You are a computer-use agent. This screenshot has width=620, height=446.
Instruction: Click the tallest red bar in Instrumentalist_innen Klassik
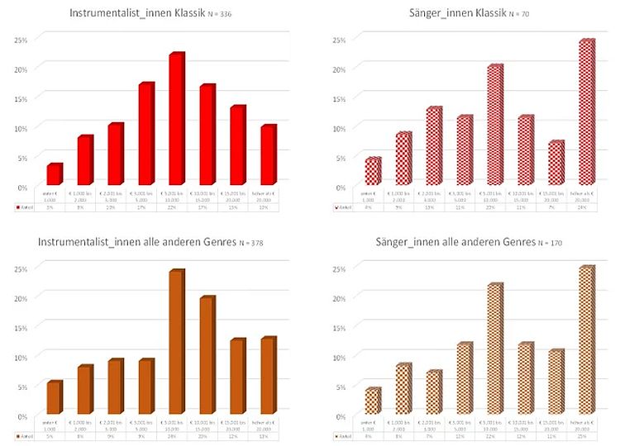pos(175,120)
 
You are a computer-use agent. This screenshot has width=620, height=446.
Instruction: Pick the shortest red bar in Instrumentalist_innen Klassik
pos(54,174)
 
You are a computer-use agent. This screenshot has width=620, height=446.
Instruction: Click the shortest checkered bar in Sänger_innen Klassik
pos(373,171)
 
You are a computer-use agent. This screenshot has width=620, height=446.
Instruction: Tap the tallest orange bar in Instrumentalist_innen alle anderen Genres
pos(175,343)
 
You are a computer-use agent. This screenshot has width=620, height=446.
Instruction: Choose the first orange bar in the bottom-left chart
pos(54,397)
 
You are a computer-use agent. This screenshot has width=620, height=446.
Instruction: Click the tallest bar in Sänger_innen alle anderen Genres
pos(586,340)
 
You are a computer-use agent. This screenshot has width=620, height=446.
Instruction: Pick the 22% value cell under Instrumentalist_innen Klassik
pos(175,208)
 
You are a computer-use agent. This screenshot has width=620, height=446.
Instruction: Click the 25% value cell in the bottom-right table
pos(586,436)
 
